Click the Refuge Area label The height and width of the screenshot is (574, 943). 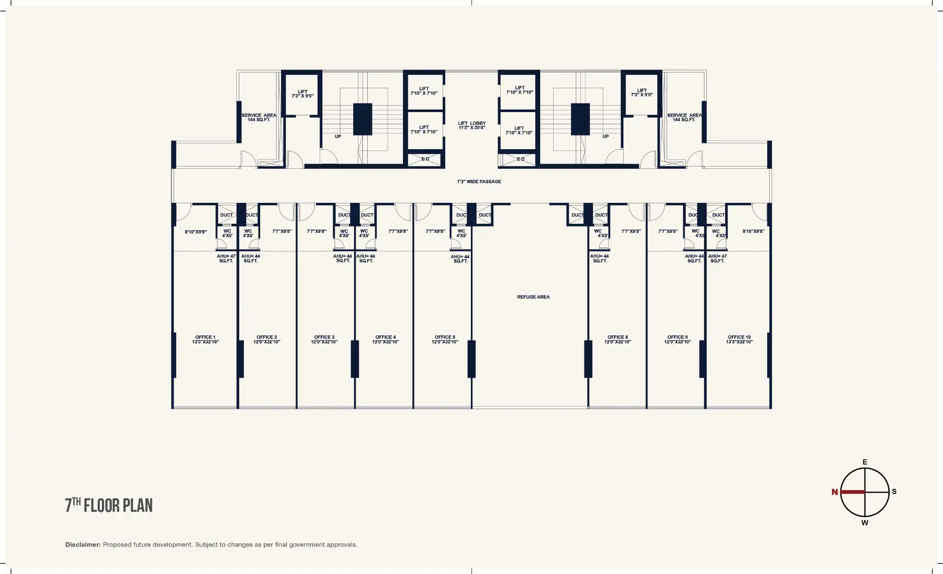click(533, 297)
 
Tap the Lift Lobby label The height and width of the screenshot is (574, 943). click(472, 125)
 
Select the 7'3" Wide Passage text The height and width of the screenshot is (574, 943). click(479, 182)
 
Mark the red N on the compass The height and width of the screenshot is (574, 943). click(835, 492)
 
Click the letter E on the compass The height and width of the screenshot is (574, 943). click(865, 462)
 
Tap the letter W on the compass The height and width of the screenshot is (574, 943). click(865, 523)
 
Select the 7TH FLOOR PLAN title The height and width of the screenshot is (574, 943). click(109, 505)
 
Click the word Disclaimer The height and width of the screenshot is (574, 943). click(83, 545)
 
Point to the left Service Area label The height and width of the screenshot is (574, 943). click(259, 118)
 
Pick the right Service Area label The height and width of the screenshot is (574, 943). click(684, 118)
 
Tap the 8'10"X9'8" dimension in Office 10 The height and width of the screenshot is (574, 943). click(753, 231)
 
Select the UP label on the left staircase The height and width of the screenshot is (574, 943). click(338, 136)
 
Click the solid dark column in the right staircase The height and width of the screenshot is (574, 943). click(580, 119)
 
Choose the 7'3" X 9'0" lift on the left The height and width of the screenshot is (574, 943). click(302, 94)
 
